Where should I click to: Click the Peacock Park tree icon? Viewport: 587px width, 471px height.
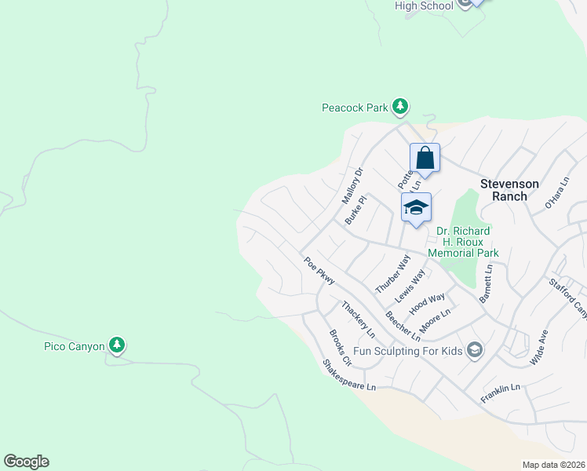point(400,106)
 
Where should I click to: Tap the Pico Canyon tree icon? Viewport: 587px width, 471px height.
point(116,345)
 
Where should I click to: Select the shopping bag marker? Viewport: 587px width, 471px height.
point(425,158)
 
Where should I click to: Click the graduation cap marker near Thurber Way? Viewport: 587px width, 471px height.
point(416,207)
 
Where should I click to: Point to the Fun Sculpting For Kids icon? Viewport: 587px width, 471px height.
point(474,350)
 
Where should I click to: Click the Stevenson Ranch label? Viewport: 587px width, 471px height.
point(509,190)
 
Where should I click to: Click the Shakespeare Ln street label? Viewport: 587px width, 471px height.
point(349,376)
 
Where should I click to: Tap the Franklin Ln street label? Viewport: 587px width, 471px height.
point(501,388)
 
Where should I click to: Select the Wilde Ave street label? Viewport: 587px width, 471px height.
point(539,349)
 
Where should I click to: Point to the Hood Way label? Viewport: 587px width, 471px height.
point(427,303)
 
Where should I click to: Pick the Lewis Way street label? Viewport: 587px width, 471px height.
point(410,286)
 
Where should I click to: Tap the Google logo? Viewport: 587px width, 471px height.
point(26,462)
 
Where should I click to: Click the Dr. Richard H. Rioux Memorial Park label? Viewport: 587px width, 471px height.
point(464,242)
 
